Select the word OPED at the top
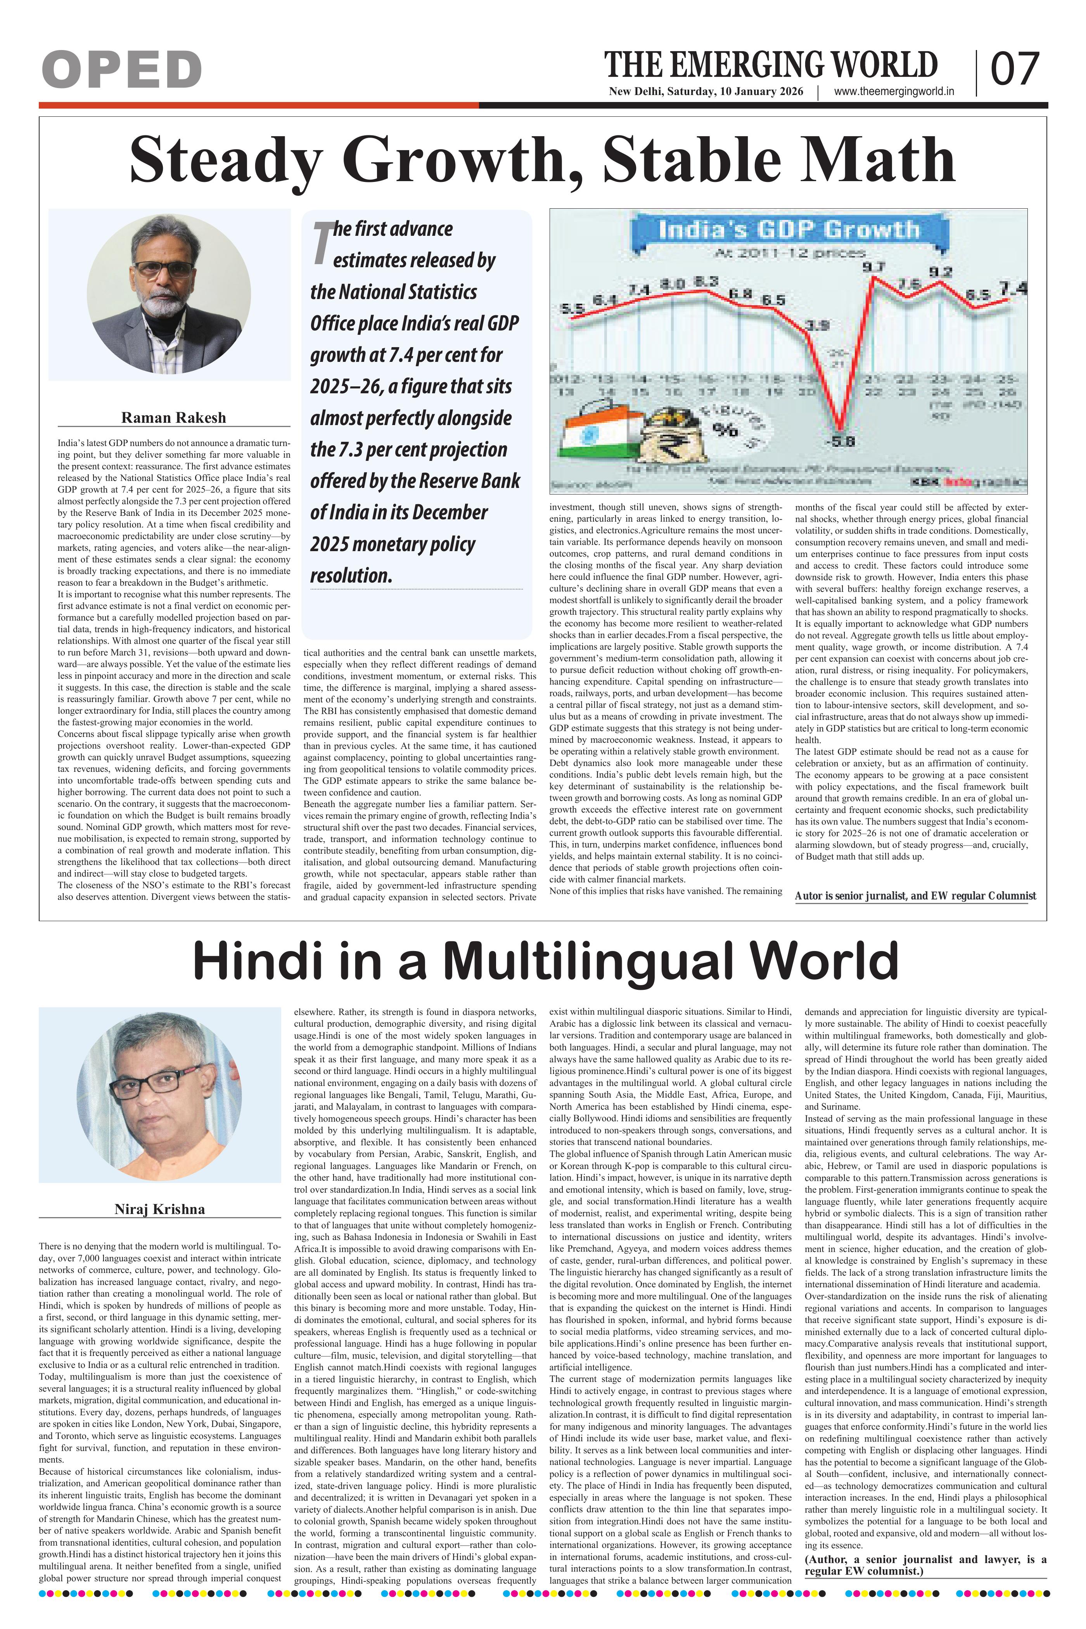(x=122, y=70)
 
